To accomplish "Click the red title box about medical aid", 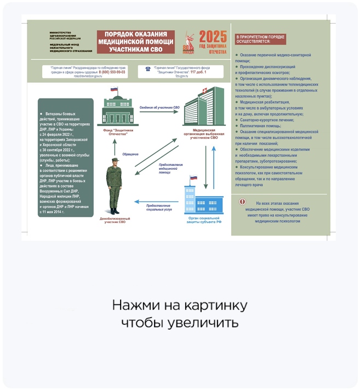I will click(x=135, y=42).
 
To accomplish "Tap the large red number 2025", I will click(x=213, y=37).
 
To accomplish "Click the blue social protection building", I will click(x=203, y=199).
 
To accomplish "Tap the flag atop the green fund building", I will click(x=115, y=89).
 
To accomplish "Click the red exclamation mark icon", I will click(x=243, y=202).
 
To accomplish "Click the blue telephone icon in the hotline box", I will click(x=147, y=69).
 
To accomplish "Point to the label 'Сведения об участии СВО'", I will click(x=159, y=107).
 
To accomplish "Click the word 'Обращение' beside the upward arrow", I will click(x=130, y=154).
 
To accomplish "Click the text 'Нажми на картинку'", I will click(x=180, y=305).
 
